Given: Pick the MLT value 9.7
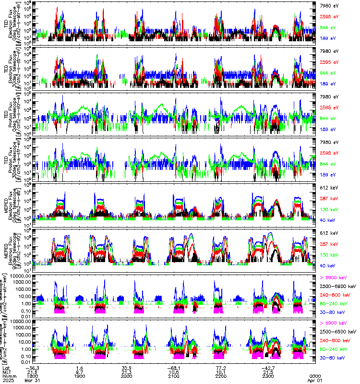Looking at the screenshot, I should tap(80, 372).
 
